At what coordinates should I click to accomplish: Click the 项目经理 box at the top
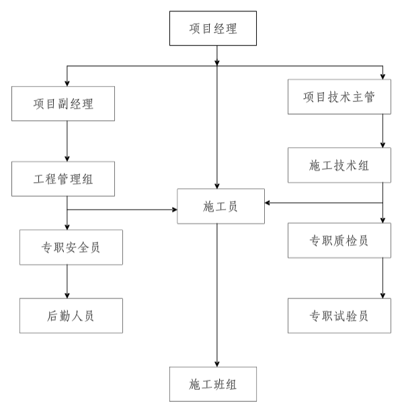[x=213, y=28]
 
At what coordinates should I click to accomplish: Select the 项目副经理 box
[x=63, y=103]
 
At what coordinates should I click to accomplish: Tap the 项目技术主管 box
[x=339, y=97]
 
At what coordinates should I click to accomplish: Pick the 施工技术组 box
[x=339, y=165]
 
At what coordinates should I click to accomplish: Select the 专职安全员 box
[x=71, y=247]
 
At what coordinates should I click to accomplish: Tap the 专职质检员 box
[x=339, y=240]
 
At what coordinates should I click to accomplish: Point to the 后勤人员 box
[x=71, y=315]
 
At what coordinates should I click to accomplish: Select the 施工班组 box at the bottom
[x=213, y=384]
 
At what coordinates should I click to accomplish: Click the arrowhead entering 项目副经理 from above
[x=67, y=84]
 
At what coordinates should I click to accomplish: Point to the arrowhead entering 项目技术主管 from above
[x=382, y=77]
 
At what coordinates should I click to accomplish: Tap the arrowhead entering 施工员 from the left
[x=173, y=210]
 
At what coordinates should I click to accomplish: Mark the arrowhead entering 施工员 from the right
[x=267, y=202]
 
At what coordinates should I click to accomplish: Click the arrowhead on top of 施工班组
[x=216, y=364]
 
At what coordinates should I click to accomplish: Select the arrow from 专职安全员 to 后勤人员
[x=67, y=281]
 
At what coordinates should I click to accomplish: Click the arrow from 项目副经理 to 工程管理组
[x=67, y=141]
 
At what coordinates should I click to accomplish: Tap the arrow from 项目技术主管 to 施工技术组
[x=382, y=131]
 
